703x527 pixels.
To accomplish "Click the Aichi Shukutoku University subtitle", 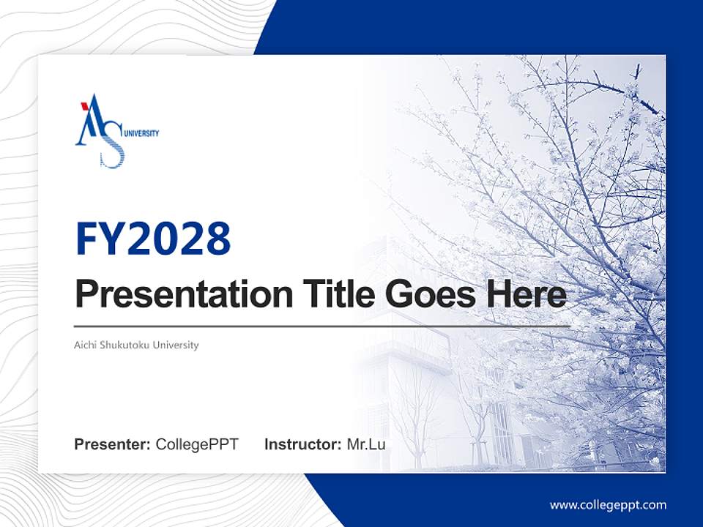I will click(x=136, y=345).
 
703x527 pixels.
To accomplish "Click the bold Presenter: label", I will click(x=113, y=444).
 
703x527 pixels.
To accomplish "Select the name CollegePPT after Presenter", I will click(x=197, y=444).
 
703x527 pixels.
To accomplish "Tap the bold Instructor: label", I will click(x=302, y=444).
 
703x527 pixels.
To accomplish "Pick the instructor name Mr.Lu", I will click(x=365, y=444).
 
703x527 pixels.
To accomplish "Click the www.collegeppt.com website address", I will click(x=608, y=504).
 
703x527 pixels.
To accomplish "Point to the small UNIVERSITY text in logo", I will click(x=142, y=133).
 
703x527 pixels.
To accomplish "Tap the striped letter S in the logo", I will click(x=111, y=149).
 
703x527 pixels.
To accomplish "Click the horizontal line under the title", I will click(x=322, y=326).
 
